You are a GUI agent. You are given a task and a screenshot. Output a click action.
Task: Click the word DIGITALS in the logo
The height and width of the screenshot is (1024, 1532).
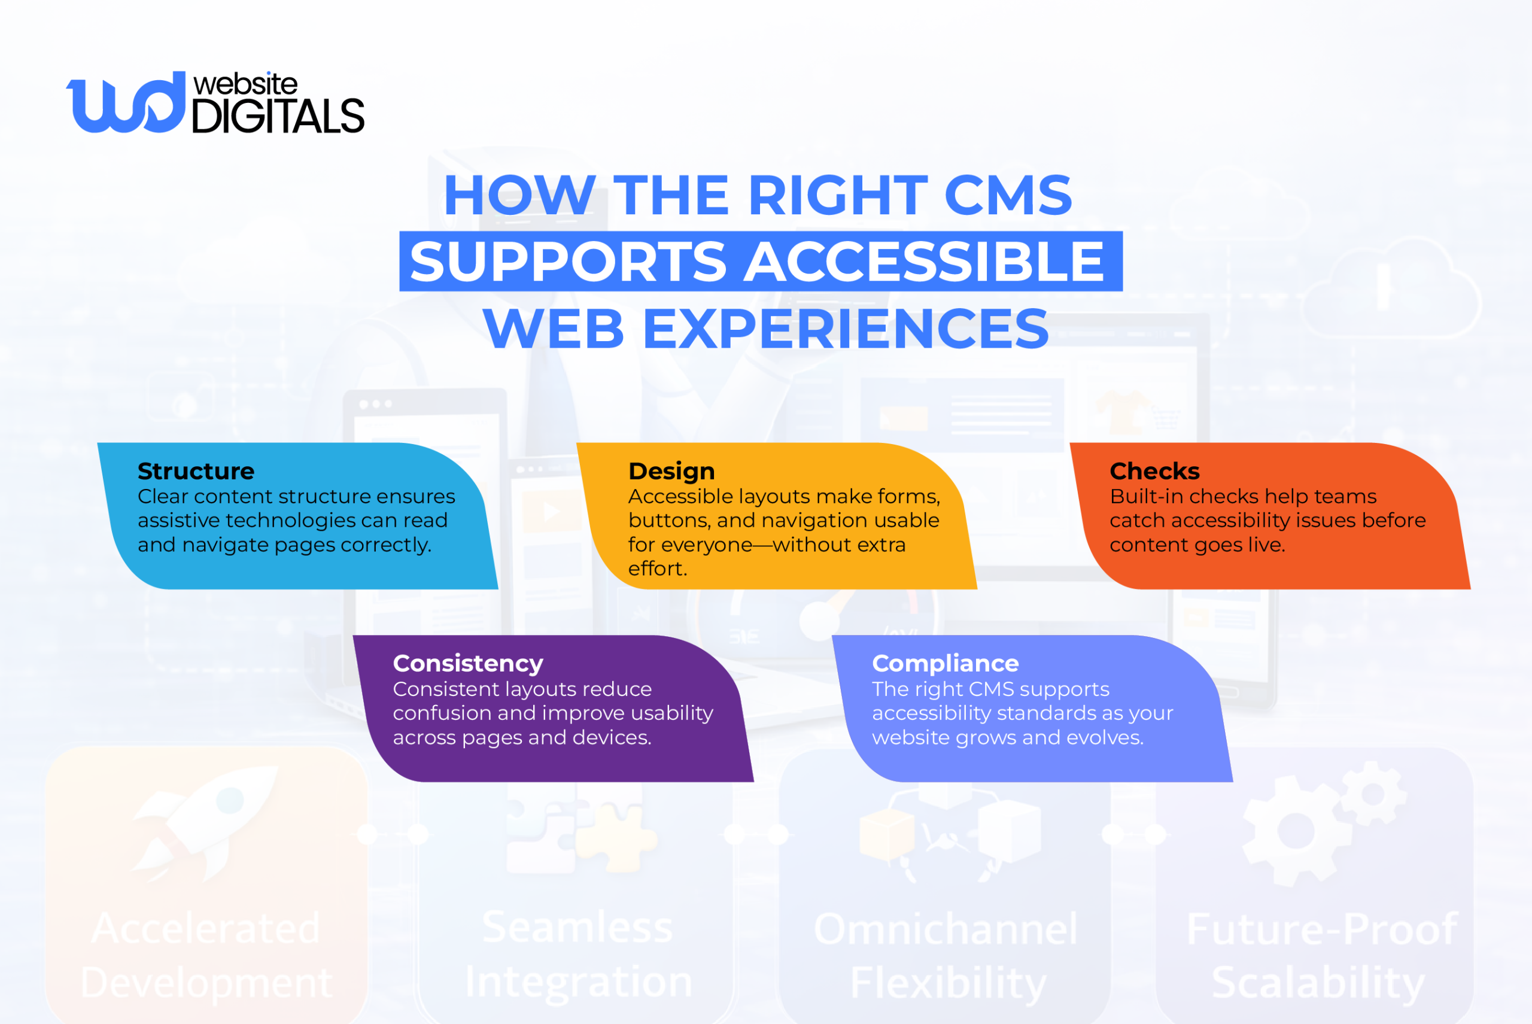point(278,116)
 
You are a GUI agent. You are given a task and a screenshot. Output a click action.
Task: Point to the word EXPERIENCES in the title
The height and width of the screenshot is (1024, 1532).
point(846,329)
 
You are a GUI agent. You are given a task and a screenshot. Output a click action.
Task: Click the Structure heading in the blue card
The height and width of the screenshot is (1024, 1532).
point(196,471)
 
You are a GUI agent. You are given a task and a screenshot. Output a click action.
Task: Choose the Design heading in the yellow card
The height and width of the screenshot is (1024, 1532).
point(671,471)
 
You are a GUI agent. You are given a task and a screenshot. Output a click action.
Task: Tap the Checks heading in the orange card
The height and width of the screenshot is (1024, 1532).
point(1154,471)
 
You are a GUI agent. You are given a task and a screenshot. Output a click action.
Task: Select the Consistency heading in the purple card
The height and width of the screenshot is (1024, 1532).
point(467,664)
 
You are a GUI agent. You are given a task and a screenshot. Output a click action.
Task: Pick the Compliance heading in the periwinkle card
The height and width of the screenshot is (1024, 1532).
point(945,664)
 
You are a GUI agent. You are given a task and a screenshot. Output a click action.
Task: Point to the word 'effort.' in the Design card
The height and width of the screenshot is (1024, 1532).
point(658,569)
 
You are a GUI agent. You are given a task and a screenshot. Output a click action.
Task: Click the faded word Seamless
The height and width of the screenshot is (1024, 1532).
point(577,928)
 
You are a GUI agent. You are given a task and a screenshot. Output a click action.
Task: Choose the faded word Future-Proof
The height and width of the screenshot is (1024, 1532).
point(1322,929)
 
